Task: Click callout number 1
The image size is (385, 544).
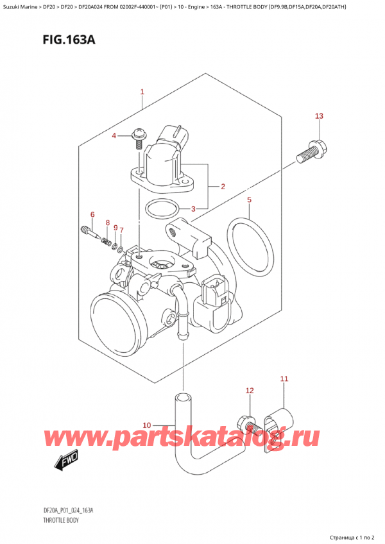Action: [x=142, y=92]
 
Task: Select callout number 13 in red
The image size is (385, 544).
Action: [x=319, y=116]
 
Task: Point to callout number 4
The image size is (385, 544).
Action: [x=114, y=136]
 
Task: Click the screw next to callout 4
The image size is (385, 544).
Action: [x=139, y=137]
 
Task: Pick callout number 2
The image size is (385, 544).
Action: [x=222, y=187]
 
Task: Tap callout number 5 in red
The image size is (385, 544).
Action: [x=250, y=200]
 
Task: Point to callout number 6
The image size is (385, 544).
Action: [x=92, y=214]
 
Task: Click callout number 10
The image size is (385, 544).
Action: [x=146, y=425]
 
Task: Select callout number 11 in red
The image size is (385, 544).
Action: [x=285, y=379]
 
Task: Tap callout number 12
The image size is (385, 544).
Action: [x=250, y=391]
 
